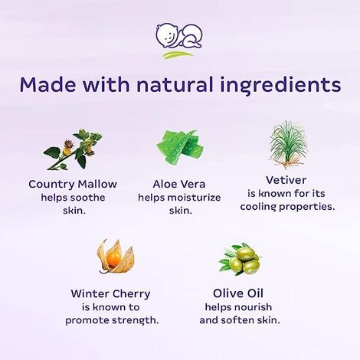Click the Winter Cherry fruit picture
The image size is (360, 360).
coord(115,257)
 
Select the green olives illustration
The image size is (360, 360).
coord(240,260)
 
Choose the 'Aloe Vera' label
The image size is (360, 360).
coord(179,184)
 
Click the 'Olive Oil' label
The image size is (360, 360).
coord(241,293)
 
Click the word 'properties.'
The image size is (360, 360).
coord(309,208)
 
